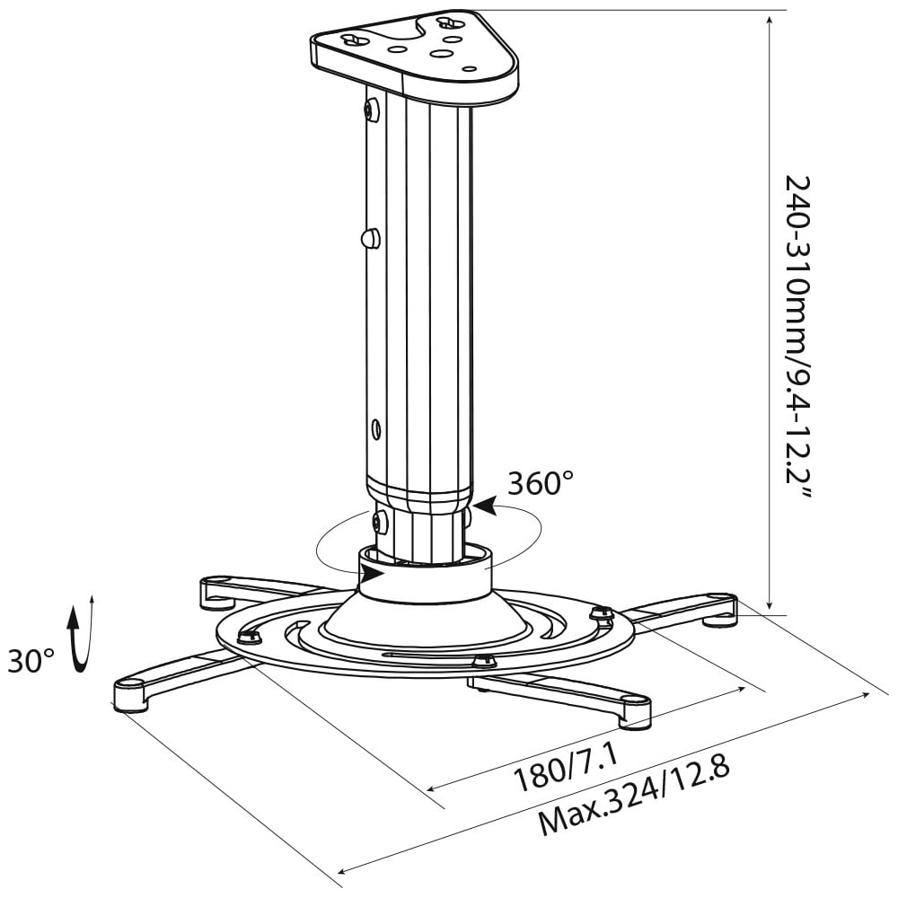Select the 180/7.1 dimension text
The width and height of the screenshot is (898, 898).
[x=567, y=770]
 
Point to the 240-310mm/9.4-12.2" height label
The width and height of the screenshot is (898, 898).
[x=797, y=338]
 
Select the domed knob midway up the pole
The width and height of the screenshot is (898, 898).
[x=371, y=237]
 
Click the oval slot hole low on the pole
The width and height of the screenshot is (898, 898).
[x=375, y=427]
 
